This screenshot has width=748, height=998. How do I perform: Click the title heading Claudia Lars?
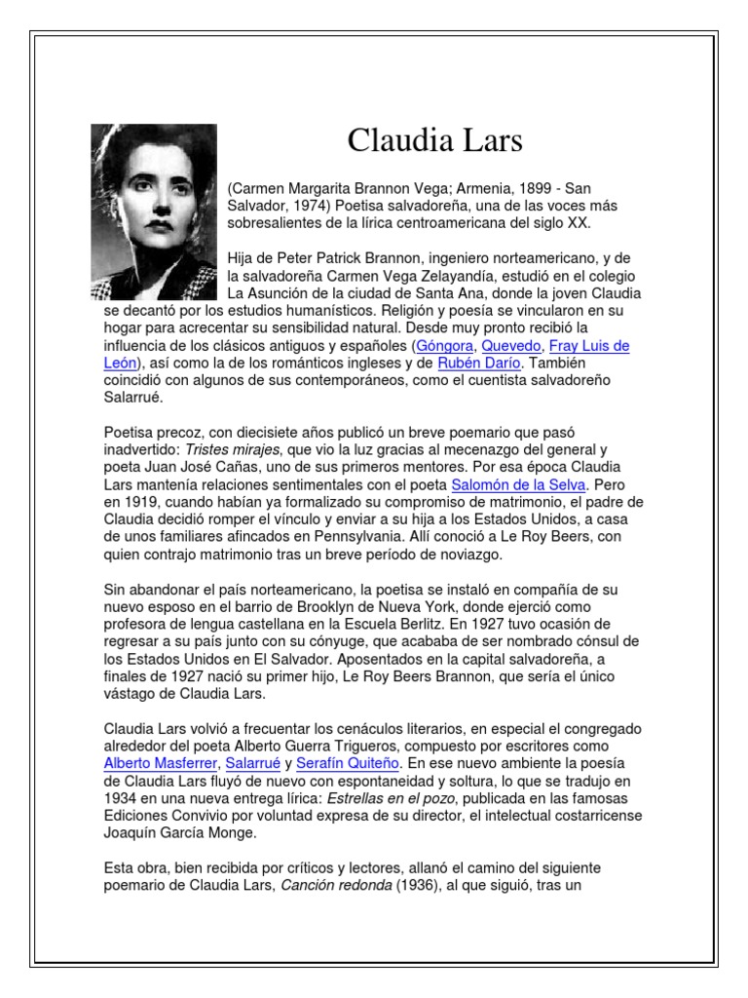coord(434,140)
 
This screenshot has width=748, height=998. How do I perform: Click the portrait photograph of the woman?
coord(154,211)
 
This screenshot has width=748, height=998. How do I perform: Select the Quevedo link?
coord(511,346)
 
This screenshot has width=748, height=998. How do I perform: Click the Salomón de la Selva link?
coord(518,484)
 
